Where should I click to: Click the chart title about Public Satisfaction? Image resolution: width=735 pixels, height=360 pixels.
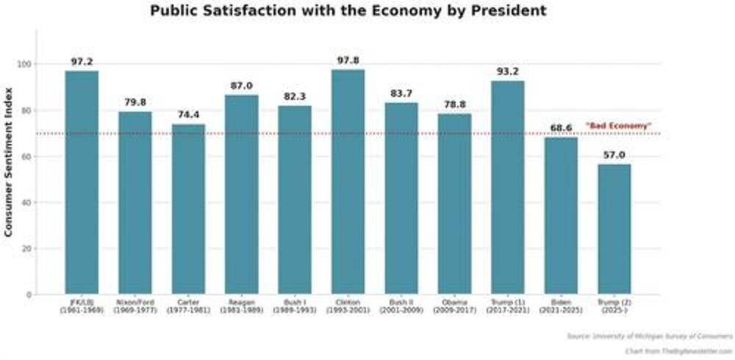(x=348, y=11)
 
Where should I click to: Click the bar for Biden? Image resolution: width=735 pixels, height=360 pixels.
(x=561, y=216)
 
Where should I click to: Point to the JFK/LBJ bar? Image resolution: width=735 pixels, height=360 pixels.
(x=82, y=183)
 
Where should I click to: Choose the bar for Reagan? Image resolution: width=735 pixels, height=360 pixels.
(x=241, y=195)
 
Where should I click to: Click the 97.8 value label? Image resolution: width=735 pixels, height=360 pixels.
(x=348, y=60)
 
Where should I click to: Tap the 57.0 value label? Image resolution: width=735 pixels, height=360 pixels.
(x=614, y=155)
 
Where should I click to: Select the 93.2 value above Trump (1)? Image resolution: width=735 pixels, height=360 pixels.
(x=508, y=71)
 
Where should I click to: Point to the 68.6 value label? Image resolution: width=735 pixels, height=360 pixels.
(x=561, y=129)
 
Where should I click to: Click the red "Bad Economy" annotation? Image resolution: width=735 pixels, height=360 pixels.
(x=618, y=126)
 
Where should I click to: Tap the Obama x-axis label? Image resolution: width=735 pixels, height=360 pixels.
(x=454, y=306)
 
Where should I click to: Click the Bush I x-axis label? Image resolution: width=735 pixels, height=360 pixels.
(x=295, y=306)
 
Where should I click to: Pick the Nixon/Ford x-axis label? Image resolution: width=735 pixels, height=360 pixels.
(x=135, y=306)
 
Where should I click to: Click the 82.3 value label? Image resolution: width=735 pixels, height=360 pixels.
(x=295, y=96)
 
